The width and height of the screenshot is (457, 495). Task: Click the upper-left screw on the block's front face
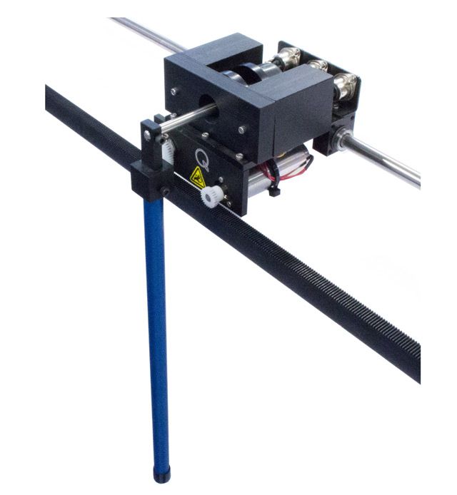pyautogui.click(x=174, y=91)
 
